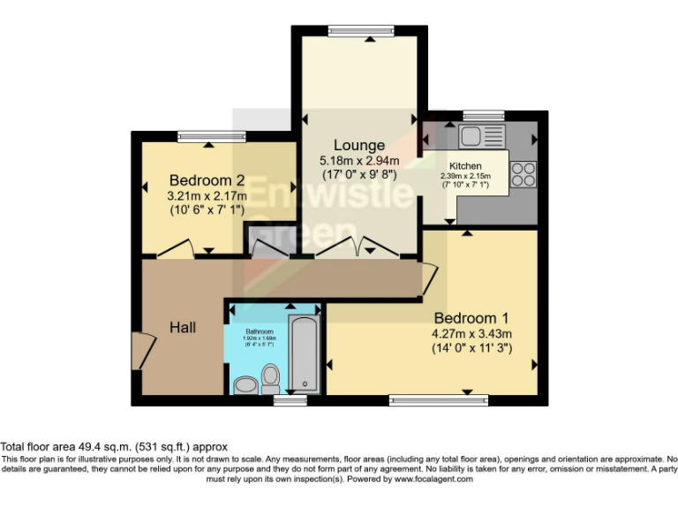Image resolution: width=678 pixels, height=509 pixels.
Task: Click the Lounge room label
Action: tap(358, 145)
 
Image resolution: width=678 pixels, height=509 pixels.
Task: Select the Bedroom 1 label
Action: tap(471, 317)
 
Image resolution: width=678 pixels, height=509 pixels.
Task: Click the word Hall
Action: tap(183, 327)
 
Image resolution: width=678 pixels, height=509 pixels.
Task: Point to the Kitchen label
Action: tap(465, 166)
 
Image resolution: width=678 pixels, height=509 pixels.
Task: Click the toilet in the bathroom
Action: tap(271, 380)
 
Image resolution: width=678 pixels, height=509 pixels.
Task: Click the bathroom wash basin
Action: tap(245, 385)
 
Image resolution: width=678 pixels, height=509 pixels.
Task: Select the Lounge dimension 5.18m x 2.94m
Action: tap(358, 161)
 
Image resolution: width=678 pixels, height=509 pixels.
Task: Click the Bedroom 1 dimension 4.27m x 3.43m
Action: tap(471, 333)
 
